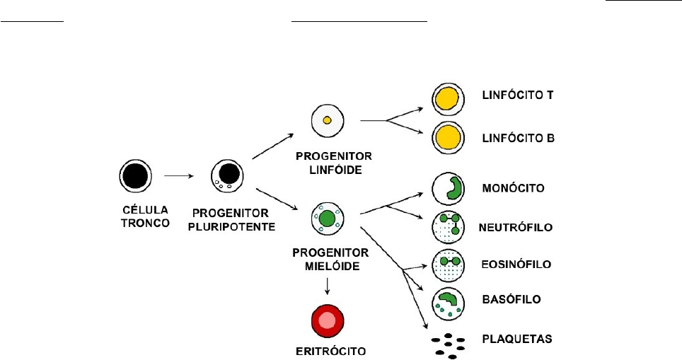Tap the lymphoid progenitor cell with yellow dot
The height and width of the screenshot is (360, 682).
327,121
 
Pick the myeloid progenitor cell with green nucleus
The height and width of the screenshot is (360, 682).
327,219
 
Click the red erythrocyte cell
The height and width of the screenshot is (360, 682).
327,322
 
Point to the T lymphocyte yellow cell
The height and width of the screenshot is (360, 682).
447,98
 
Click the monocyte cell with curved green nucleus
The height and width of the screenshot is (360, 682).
447,188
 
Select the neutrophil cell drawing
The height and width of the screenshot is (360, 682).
447,226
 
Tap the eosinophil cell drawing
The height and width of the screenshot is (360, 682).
447,265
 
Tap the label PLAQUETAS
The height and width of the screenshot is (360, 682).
516,341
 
